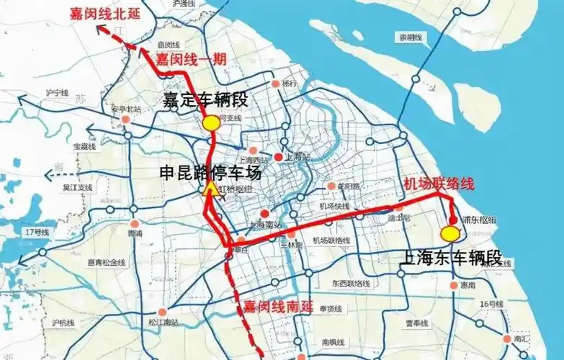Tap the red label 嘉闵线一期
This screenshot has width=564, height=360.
click(192, 58)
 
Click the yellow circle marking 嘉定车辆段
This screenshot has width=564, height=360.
click(210, 123)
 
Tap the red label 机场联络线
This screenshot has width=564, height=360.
click(439, 184)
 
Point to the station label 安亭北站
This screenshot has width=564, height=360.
click(123, 109)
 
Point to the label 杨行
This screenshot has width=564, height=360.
click(290, 84)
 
